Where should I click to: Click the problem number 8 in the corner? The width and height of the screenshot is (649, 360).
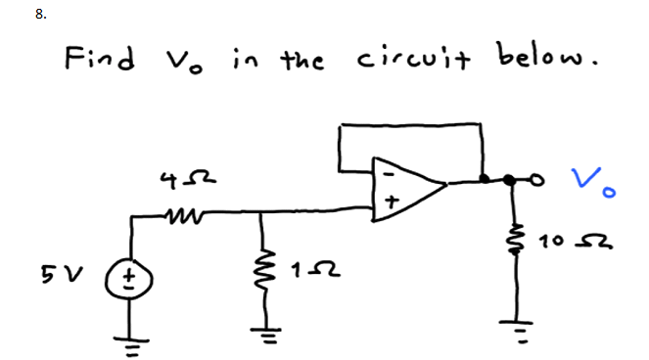click(12, 15)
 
